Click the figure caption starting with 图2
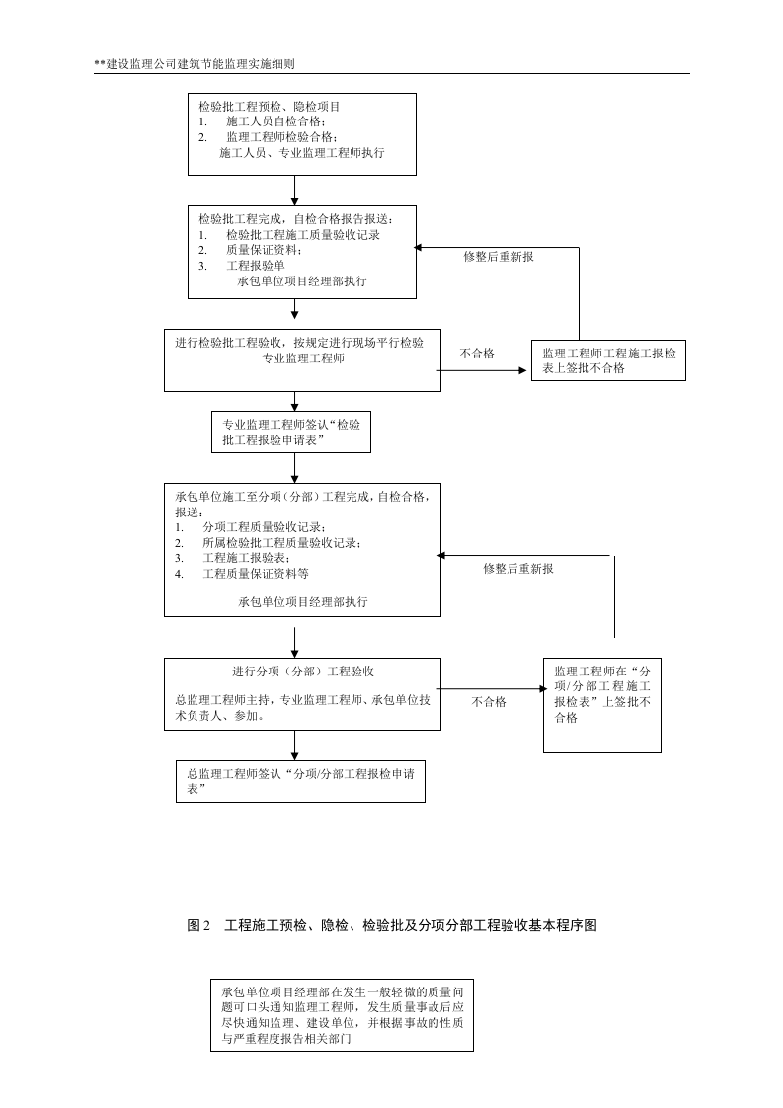391,926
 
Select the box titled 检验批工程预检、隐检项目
301,133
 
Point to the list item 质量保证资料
264,251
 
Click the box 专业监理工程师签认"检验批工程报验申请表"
293,433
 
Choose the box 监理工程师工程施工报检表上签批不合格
607,360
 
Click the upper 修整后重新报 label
499,257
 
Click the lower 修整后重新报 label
517,569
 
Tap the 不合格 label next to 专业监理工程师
477,353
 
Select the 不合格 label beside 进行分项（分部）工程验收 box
489,701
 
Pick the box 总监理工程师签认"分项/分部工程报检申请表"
300,782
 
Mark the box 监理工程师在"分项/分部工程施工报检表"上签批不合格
601,704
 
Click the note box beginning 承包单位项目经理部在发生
341,1014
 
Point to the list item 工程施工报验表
253,558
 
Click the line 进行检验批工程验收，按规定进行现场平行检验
299,343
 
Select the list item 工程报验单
255,266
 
